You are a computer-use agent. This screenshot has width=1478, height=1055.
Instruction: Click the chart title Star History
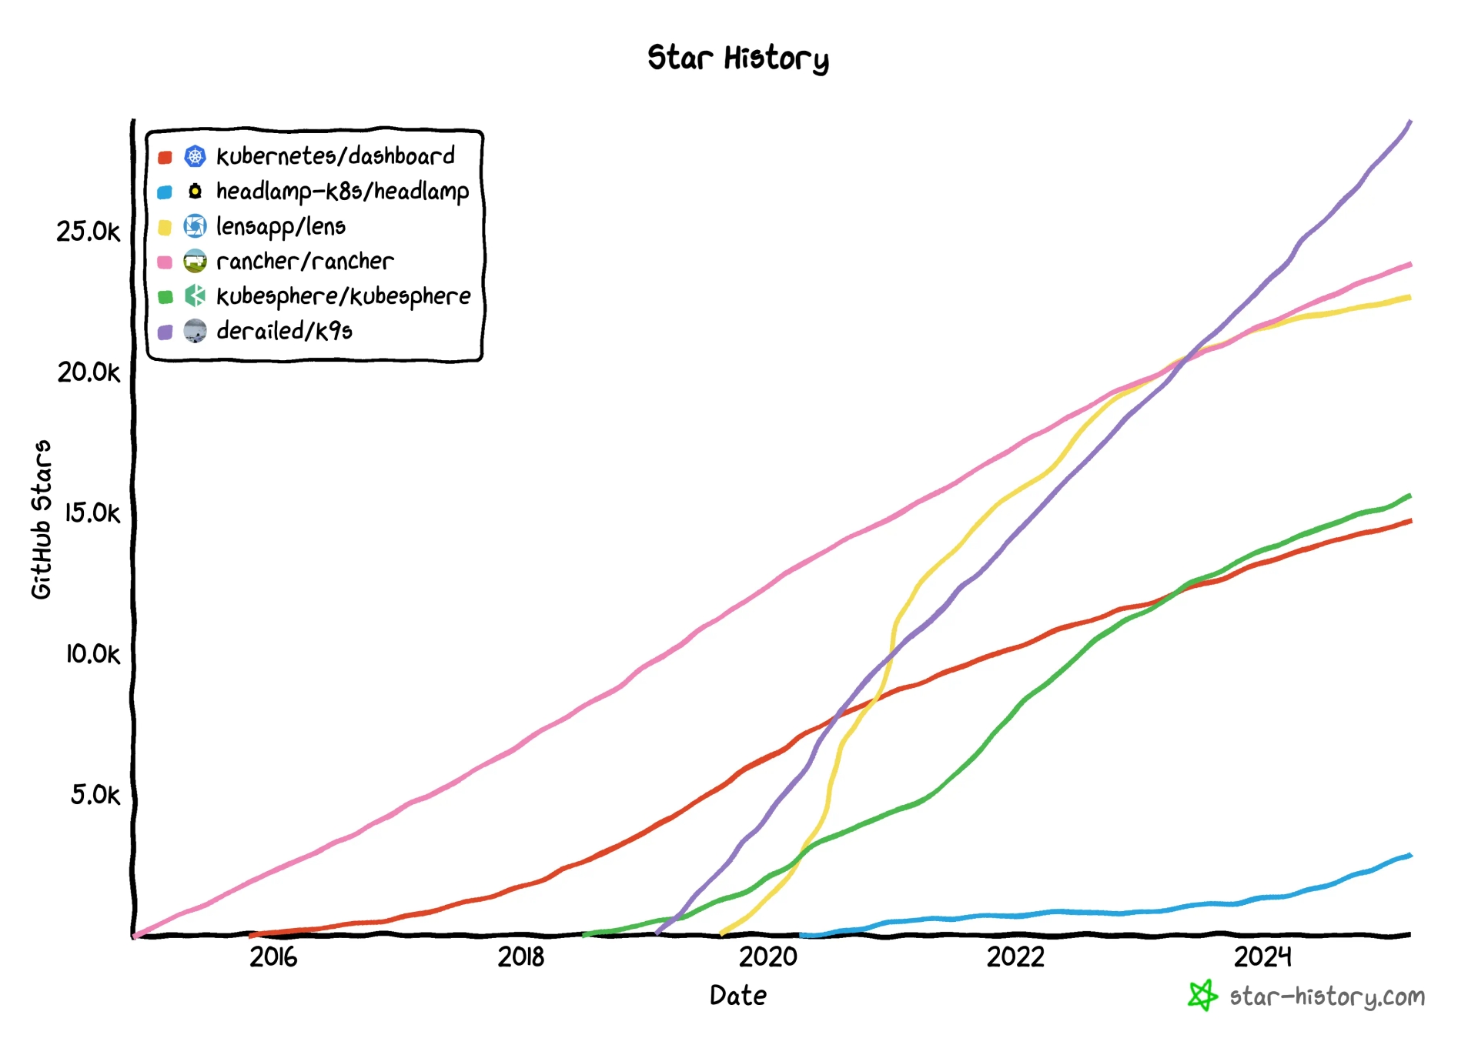tap(737, 58)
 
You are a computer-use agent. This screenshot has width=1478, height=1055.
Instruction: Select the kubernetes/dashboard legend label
tap(335, 156)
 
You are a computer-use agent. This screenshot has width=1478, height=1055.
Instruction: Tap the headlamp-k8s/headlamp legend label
tap(342, 192)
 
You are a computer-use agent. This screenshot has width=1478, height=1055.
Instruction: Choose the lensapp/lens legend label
tap(280, 226)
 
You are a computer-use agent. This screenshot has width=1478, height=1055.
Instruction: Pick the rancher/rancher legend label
tap(304, 262)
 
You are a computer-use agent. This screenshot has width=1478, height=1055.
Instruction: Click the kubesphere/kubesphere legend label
tap(343, 296)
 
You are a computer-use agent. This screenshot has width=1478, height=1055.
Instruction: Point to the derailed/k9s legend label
tap(284, 332)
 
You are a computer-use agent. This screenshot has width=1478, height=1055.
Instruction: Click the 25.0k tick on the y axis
tap(89, 232)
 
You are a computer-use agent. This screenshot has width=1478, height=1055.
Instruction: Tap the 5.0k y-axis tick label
tap(95, 795)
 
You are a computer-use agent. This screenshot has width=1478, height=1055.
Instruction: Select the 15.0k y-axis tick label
tap(92, 513)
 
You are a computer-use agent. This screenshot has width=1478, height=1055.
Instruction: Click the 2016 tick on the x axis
tap(273, 957)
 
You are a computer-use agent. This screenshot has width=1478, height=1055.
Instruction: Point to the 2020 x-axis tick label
tap(767, 957)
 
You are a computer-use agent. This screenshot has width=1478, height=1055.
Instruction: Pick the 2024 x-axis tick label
tap(1262, 957)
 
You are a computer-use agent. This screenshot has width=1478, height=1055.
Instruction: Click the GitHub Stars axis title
tap(42, 519)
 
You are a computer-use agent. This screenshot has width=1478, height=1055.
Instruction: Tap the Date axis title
tap(737, 996)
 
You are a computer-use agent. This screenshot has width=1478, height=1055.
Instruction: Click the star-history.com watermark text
tap(1326, 997)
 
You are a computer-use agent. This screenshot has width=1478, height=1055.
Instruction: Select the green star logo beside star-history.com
tap(1202, 996)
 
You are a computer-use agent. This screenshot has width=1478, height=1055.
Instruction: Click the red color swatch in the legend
tap(165, 158)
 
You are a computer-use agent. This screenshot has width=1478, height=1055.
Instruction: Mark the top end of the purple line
tap(1410, 122)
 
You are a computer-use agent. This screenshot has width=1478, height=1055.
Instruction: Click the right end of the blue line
tap(1410, 855)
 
